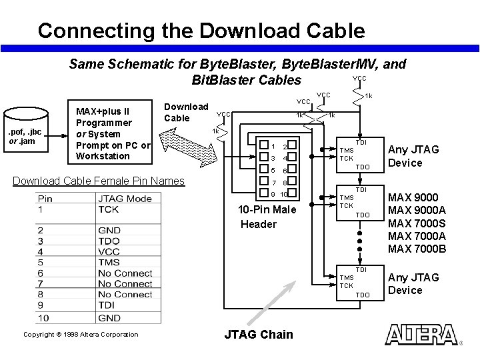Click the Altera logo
pyautogui.click(x=421, y=335)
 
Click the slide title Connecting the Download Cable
pyautogui.click(x=201, y=31)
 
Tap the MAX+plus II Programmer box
pyautogui.click(x=112, y=133)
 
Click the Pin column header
pyautogui.click(x=45, y=198)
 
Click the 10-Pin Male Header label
pyautogui.click(x=267, y=217)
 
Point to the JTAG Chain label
pyautogui.click(x=259, y=335)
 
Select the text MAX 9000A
pyautogui.click(x=417, y=211)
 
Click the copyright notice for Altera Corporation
pyautogui.click(x=80, y=335)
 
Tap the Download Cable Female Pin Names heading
pyautogui.click(x=99, y=181)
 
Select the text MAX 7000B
pyautogui.click(x=417, y=249)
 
